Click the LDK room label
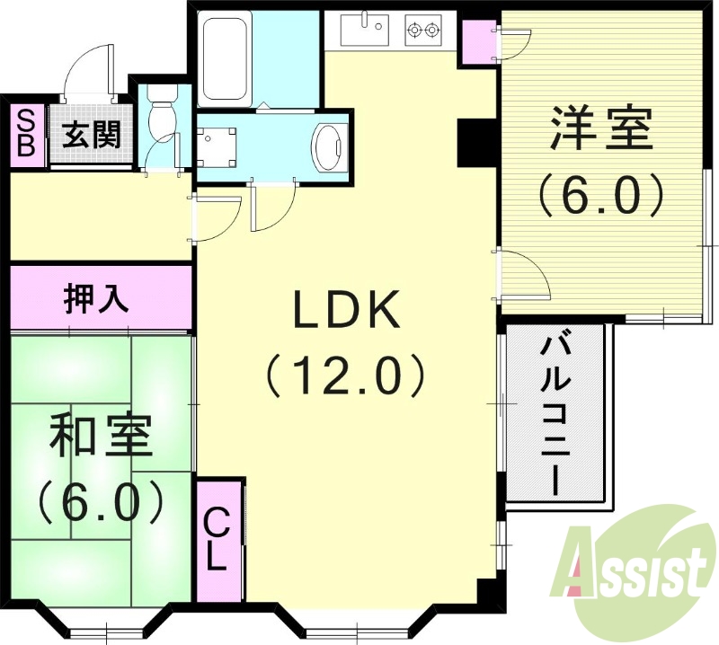click(x=344, y=311)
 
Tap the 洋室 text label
click(x=600, y=131)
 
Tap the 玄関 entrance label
click(x=91, y=135)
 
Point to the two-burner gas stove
click(x=424, y=31)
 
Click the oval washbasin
click(x=329, y=146)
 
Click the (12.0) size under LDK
click(x=344, y=374)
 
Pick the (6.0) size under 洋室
click(x=600, y=191)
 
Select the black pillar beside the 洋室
click(x=473, y=142)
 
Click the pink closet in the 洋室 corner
click(x=477, y=43)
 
